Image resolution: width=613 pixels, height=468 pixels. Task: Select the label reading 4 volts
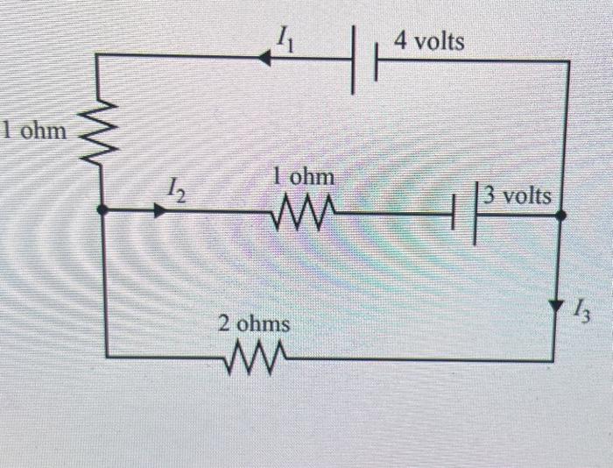[x=429, y=41]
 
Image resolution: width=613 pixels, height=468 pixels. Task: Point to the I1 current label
[x=284, y=36]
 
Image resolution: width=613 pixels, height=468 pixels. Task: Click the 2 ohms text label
[x=254, y=323]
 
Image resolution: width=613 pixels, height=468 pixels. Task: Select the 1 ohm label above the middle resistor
[x=303, y=177]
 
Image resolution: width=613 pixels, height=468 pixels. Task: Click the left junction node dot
[x=102, y=210]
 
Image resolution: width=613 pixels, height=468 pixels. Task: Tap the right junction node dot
[x=560, y=213]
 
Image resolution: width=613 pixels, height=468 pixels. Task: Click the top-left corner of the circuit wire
[x=95, y=55]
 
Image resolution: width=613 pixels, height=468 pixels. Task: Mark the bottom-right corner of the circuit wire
[x=553, y=359]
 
